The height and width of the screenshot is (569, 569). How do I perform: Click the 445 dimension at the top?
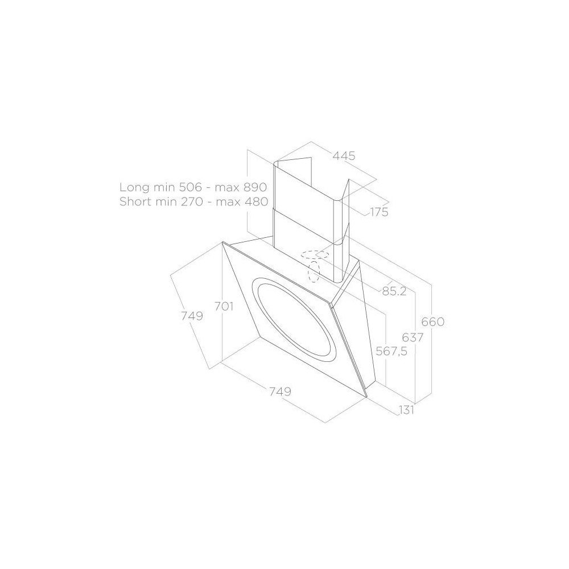point(344,156)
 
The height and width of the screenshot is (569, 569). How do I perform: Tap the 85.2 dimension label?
point(394,291)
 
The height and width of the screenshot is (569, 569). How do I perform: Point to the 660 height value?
point(432,322)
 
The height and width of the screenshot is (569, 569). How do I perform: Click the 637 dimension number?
point(413,337)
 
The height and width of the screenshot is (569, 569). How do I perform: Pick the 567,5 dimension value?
point(391,351)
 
